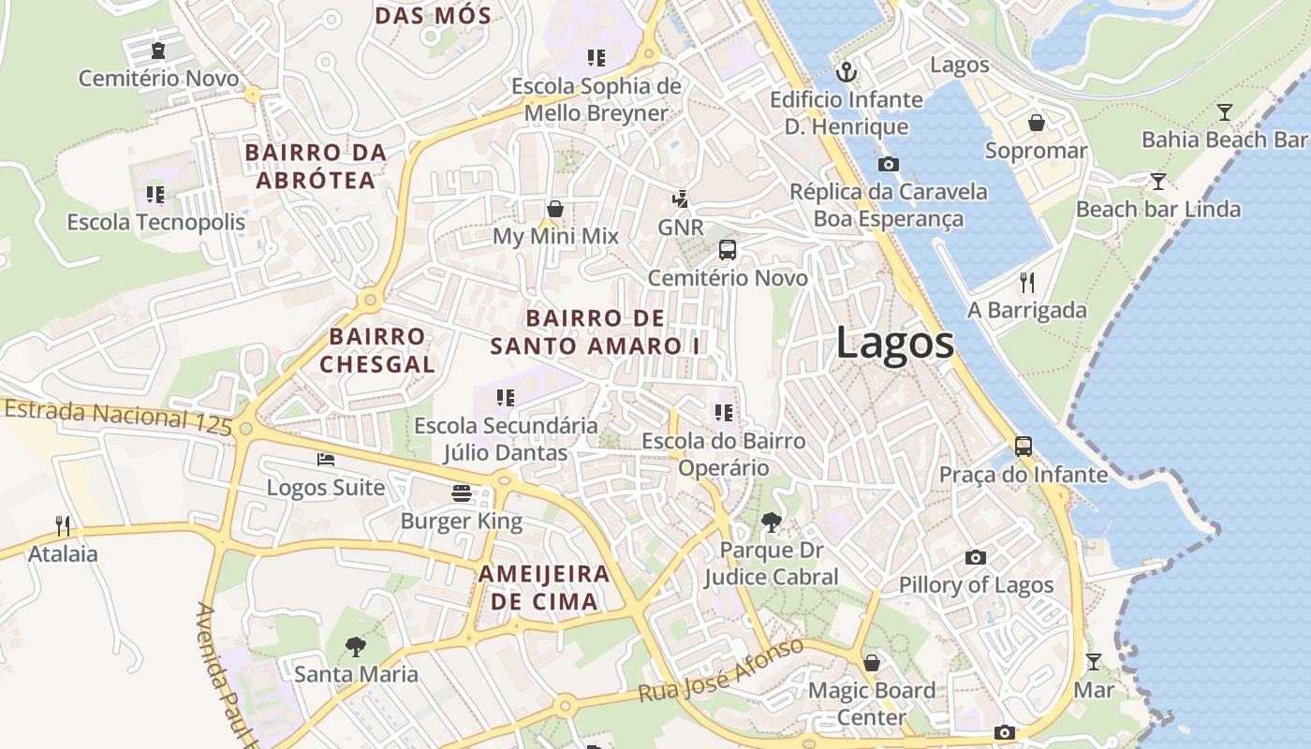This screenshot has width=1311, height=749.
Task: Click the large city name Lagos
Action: [894, 343]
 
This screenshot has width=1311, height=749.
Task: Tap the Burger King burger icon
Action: [461, 492]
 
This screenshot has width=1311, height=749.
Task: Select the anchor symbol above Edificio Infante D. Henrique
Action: [847, 71]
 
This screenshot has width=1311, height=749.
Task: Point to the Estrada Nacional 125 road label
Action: [117, 416]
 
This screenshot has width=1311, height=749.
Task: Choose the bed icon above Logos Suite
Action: [325, 460]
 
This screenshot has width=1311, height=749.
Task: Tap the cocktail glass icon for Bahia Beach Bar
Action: [1224, 112]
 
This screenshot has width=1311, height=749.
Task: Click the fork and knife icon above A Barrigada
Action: [1027, 282]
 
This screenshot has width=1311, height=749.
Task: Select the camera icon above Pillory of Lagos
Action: [976, 557]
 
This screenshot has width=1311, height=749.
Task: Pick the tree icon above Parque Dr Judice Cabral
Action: [771, 521]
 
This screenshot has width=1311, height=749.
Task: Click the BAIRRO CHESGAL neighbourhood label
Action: [377, 350]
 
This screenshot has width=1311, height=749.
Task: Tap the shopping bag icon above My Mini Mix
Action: [555, 208]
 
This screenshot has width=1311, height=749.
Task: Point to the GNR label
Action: [681, 228]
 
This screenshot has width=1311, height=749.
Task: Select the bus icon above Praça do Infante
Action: [1024, 447]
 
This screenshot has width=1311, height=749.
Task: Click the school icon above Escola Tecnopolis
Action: [155, 195]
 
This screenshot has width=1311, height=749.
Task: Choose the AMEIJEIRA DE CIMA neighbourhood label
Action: [544, 587]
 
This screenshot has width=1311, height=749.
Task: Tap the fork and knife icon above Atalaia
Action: [63, 525]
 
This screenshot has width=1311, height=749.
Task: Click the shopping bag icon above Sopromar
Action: [1037, 123]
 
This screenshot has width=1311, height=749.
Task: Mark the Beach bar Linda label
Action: [1158, 209]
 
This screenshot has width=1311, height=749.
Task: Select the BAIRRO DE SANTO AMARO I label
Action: [596, 331]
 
